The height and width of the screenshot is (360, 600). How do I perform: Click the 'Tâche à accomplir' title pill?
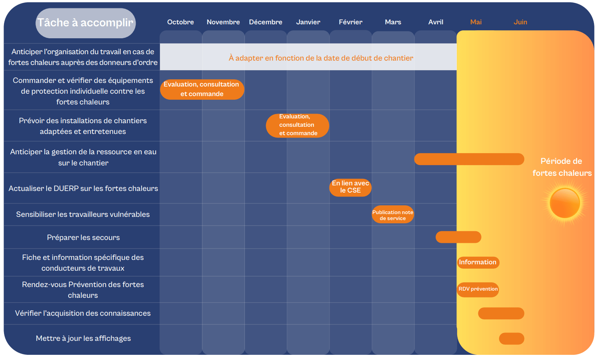pos(86,23)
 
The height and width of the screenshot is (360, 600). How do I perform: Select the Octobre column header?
pos(181,22)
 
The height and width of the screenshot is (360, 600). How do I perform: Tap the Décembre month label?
pos(265,22)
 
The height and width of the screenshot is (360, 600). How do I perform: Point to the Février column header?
pos(350,22)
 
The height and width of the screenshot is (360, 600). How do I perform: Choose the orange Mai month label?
pos(476,22)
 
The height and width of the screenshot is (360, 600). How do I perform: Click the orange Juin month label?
pos(520,22)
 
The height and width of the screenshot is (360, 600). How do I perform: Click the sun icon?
pos(564,203)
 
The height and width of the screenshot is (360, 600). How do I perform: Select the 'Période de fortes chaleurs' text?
pos(562,167)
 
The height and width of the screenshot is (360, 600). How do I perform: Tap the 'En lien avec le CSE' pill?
pos(350,187)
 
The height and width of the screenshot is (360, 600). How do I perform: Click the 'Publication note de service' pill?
pos(393,214)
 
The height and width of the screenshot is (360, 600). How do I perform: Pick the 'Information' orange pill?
pos(478,262)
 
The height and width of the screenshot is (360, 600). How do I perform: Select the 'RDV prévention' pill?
pos(478,289)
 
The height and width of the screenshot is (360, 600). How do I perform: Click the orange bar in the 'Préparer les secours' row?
pos(458,237)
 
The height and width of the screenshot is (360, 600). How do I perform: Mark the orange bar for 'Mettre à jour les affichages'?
pos(511,338)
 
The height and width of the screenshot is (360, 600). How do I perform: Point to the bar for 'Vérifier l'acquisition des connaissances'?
pos(501,313)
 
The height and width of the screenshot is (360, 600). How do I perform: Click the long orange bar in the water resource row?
pos(469,159)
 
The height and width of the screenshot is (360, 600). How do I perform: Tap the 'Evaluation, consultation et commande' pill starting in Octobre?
pos(202,89)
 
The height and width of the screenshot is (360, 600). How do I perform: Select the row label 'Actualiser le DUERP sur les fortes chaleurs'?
pos(83,189)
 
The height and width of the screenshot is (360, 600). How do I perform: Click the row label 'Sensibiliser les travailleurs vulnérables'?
pos(83,214)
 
